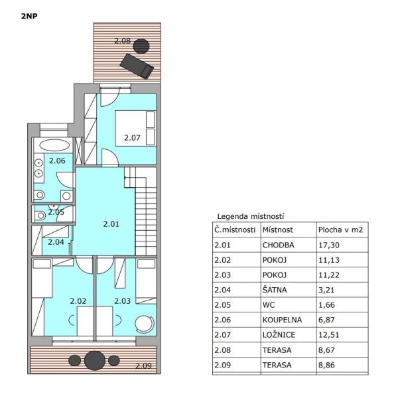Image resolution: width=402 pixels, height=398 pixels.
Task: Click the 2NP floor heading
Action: pos(29,17)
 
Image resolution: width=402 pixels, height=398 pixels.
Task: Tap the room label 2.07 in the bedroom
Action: pos(132,138)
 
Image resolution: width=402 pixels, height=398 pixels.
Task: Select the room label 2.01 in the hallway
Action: pos(111,224)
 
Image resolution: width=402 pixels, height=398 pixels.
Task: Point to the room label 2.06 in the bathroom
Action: pos(57,161)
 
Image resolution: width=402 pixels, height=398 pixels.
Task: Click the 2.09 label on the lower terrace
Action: pos(143,365)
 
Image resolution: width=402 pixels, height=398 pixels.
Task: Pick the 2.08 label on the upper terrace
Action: pos(123,40)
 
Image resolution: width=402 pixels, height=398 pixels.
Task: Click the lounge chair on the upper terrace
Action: pos(137,66)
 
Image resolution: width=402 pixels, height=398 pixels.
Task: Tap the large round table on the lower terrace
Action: pos(95,360)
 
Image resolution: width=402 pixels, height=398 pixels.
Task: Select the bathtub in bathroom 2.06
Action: pos(54,145)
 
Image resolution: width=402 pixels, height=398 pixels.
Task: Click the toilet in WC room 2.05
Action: pos(40,215)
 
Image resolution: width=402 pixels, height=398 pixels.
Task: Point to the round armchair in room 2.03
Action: pos(145,324)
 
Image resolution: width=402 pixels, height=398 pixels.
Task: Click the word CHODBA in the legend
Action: pos(278,245)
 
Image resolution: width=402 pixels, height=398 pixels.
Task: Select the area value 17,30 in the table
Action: pos(328,245)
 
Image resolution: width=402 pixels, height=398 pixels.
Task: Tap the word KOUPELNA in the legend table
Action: pos(282,320)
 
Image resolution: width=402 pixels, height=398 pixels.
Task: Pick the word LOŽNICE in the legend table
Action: pos(279,335)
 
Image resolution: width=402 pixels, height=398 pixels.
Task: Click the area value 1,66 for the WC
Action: pos(326,305)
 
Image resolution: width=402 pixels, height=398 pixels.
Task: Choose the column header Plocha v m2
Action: pos(340,230)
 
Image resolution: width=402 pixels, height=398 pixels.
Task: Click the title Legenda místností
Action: pos(251,216)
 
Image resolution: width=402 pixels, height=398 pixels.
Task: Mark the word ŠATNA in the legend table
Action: pos(275,290)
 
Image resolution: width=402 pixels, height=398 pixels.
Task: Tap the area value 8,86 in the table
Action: pos(326,365)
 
